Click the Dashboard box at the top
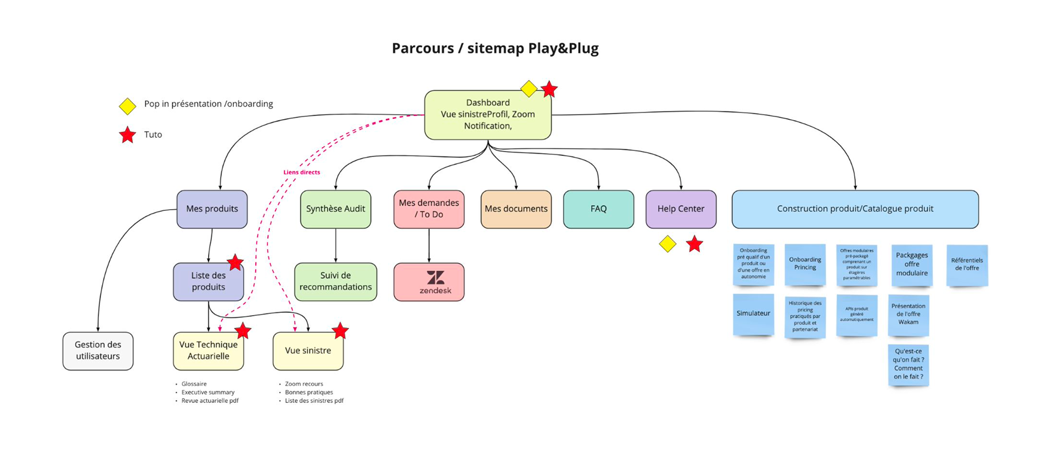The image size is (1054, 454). (x=487, y=114)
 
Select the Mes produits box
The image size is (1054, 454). (x=212, y=209)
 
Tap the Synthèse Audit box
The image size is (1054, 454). (x=335, y=209)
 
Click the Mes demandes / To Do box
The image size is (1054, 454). (x=429, y=209)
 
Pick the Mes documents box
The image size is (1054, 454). (x=516, y=209)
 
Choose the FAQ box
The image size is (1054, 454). (x=598, y=209)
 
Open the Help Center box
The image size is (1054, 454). (x=681, y=209)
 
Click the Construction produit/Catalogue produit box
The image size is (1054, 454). (x=855, y=209)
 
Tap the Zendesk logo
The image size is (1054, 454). (x=435, y=282)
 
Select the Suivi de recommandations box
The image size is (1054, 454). (x=335, y=281)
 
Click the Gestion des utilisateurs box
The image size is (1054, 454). (x=98, y=350)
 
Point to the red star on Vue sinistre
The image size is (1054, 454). (x=340, y=330)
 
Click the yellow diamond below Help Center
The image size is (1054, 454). (x=668, y=244)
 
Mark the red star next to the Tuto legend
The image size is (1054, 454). (x=127, y=134)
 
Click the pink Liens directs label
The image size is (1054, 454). (x=301, y=172)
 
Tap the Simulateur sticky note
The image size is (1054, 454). (x=753, y=313)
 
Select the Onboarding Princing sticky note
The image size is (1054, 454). (x=805, y=264)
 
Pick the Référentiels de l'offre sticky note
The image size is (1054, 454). (x=967, y=265)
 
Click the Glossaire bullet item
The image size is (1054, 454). (x=194, y=384)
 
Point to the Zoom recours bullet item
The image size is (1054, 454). (x=304, y=384)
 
